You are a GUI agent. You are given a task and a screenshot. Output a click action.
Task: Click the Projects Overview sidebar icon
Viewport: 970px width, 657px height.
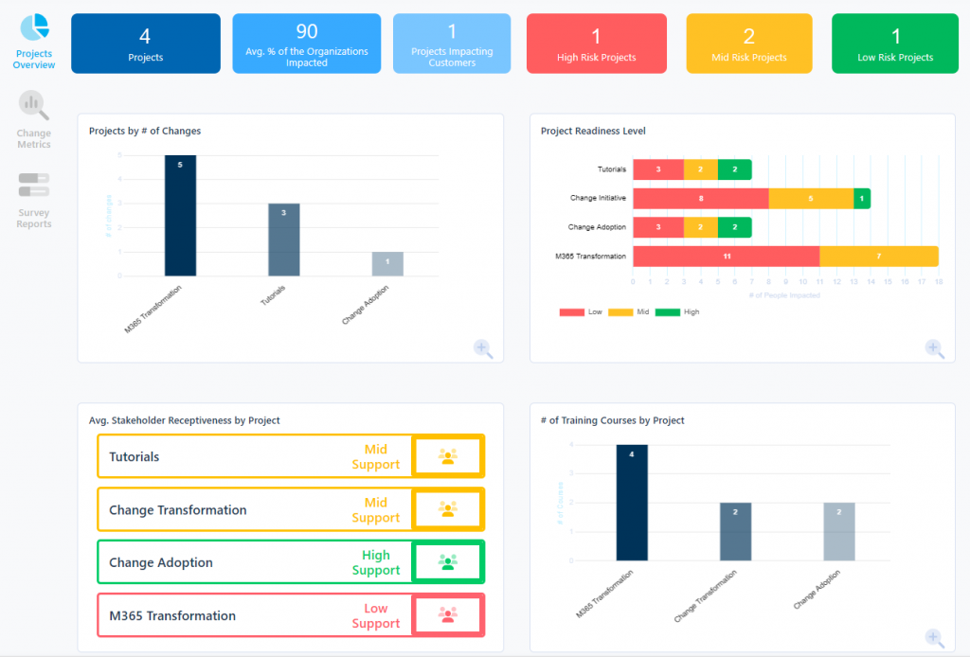click(34, 28)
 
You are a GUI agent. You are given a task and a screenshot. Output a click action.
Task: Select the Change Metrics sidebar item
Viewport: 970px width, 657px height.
click(34, 106)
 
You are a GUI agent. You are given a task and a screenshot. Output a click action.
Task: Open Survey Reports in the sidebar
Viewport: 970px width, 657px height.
click(34, 185)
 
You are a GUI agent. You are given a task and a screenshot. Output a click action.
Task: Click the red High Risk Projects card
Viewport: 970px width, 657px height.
click(595, 44)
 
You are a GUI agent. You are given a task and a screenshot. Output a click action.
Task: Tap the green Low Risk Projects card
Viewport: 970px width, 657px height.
click(894, 44)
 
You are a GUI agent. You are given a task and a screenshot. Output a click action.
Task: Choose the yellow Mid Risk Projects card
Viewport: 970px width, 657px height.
click(748, 44)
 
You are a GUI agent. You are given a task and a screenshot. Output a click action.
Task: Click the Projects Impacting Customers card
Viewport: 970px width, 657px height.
click(451, 44)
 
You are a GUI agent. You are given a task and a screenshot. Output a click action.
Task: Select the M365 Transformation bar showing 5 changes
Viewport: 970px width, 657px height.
click(180, 216)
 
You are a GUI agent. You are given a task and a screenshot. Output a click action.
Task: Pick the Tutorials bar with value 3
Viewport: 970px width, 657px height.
click(283, 240)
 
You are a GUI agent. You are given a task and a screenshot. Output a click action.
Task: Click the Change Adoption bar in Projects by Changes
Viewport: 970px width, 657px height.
click(387, 264)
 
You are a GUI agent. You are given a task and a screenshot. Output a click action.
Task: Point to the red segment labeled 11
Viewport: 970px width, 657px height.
click(726, 257)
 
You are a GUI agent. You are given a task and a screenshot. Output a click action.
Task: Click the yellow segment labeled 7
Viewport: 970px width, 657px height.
click(878, 257)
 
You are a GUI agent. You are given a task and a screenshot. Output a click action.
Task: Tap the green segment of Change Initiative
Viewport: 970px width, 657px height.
click(861, 199)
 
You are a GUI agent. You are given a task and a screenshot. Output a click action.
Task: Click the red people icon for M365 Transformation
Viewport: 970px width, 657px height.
click(448, 614)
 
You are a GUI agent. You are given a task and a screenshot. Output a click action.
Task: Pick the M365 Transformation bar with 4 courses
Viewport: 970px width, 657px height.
click(632, 502)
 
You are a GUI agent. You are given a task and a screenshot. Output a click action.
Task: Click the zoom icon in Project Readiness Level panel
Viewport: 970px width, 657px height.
click(934, 348)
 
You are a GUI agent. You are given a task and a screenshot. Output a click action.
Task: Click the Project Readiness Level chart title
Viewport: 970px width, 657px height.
click(593, 131)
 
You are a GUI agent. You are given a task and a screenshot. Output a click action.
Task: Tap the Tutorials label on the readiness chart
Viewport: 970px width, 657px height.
click(611, 169)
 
